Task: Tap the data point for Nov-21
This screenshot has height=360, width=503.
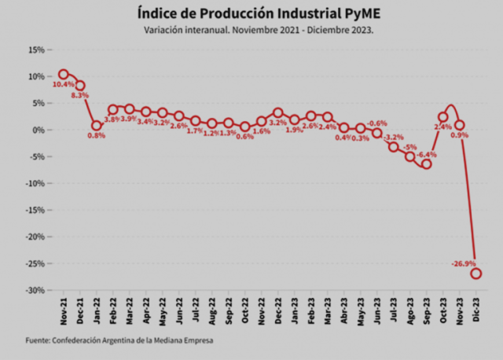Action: (x=64, y=75)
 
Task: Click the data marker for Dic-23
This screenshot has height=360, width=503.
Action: (x=476, y=274)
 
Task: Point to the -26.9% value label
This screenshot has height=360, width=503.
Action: (x=463, y=263)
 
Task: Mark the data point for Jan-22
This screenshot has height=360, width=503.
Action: (x=97, y=126)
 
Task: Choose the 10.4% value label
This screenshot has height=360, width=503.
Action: (x=63, y=84)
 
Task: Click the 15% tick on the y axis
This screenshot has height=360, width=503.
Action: (x=35, y=50)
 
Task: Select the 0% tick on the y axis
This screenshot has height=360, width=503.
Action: (x=38, y=130)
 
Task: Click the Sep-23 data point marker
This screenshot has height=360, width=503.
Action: (x=427, y=164)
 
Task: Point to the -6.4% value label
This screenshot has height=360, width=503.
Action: (x=427, y=155)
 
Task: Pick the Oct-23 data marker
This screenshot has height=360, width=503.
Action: (x=443, y=117)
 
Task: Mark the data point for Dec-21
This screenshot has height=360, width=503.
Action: (x=80, y=85)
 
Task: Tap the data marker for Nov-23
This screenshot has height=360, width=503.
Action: (x=460, y=125)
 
